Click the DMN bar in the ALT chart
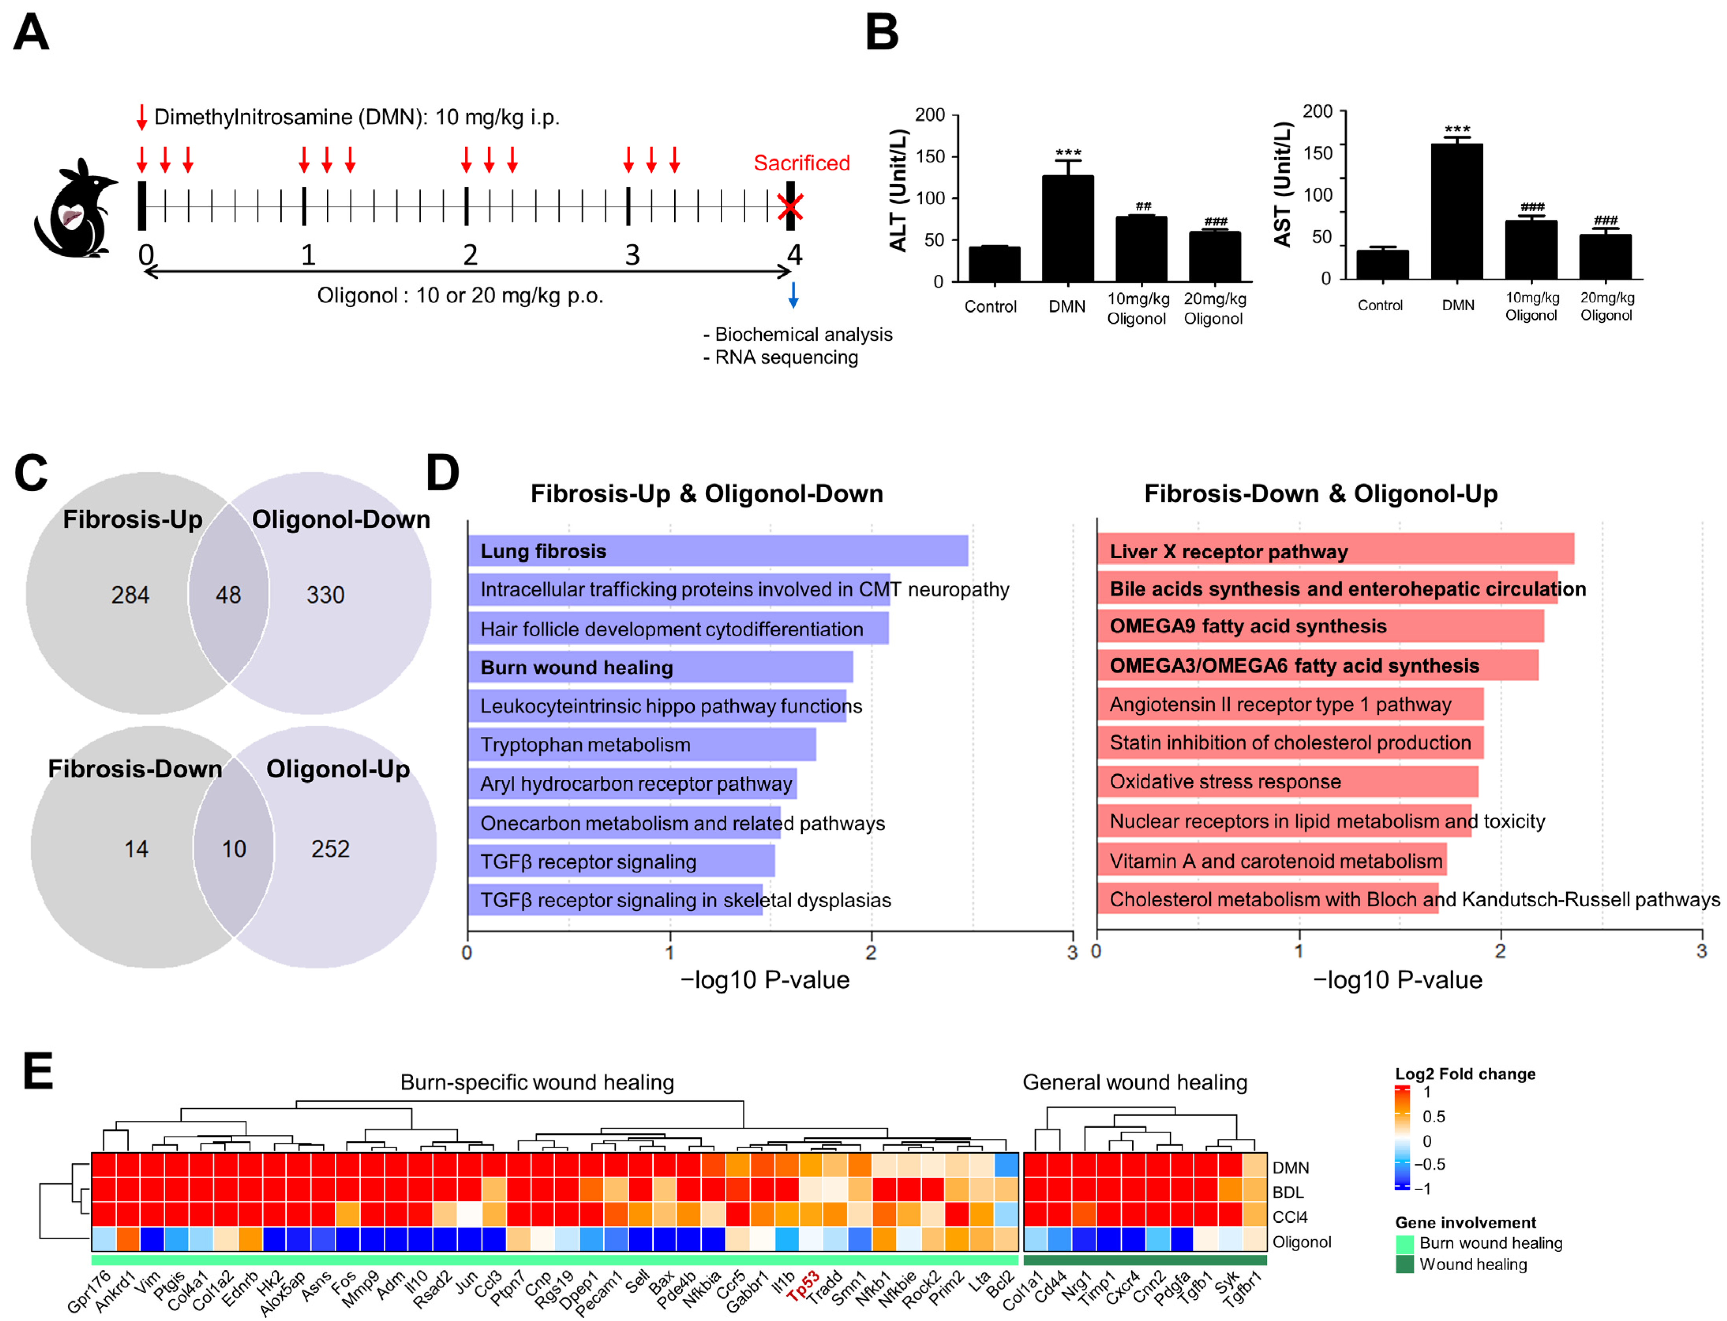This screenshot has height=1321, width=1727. tap(1067, 228)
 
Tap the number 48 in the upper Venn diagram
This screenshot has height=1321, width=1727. tap(228, 595)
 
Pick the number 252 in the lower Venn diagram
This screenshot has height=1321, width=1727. tap(330, 849)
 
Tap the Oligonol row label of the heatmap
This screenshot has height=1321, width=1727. tap(1302, 1243)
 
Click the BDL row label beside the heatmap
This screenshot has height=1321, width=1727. tap(1287, 1192)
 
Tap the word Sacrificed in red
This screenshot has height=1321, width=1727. tap(801, 163)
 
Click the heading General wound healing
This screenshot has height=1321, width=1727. tap(1134, 1083)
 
